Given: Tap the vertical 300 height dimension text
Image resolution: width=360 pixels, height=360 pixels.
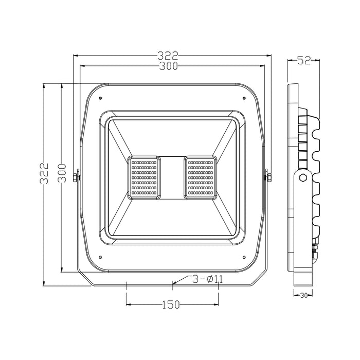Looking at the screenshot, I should [62, 173].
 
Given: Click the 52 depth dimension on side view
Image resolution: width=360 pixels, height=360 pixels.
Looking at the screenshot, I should [304, 61].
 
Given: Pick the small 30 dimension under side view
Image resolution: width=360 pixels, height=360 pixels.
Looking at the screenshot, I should [303, 295].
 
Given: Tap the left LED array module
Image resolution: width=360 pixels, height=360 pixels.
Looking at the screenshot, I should [144, 177].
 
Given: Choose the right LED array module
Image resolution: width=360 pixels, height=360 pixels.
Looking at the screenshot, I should [201, 177].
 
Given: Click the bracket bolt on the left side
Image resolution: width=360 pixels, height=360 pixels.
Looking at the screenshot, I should [77, 177].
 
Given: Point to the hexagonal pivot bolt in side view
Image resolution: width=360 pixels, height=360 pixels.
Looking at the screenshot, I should [303, 177].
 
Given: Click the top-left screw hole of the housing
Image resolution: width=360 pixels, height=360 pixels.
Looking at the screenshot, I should [101, 98].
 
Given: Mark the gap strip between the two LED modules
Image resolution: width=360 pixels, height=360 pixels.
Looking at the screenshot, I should [172, 177].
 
